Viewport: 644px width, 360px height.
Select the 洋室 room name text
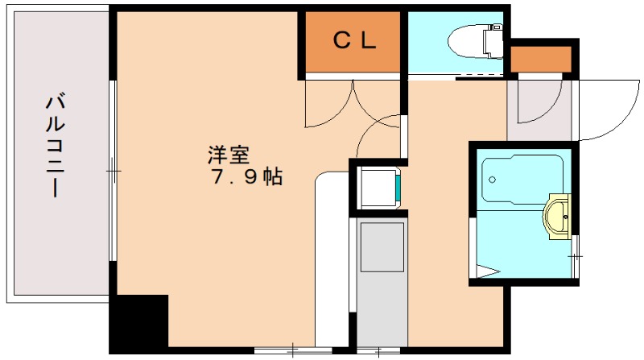229,153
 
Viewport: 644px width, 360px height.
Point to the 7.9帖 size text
246,178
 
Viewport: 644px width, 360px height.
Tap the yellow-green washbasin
558,215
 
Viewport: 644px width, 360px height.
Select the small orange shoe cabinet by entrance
541,59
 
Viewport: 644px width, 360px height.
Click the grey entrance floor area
542,110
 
